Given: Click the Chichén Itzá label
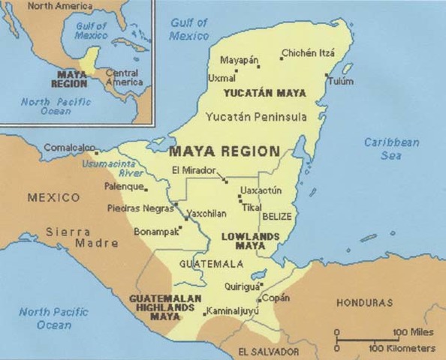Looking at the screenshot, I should coord(308,53).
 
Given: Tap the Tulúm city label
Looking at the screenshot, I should coord(341,81).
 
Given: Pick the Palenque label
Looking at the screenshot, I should coord(125,186).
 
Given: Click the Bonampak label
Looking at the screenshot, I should coord(157,232).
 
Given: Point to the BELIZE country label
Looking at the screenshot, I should coord(276,216).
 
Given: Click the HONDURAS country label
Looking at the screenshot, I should coord(366,303).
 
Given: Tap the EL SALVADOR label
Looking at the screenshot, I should coord(268,351).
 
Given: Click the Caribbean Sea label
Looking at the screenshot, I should coord(391,148).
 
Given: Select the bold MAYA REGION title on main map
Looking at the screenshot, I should coord(225,151).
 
